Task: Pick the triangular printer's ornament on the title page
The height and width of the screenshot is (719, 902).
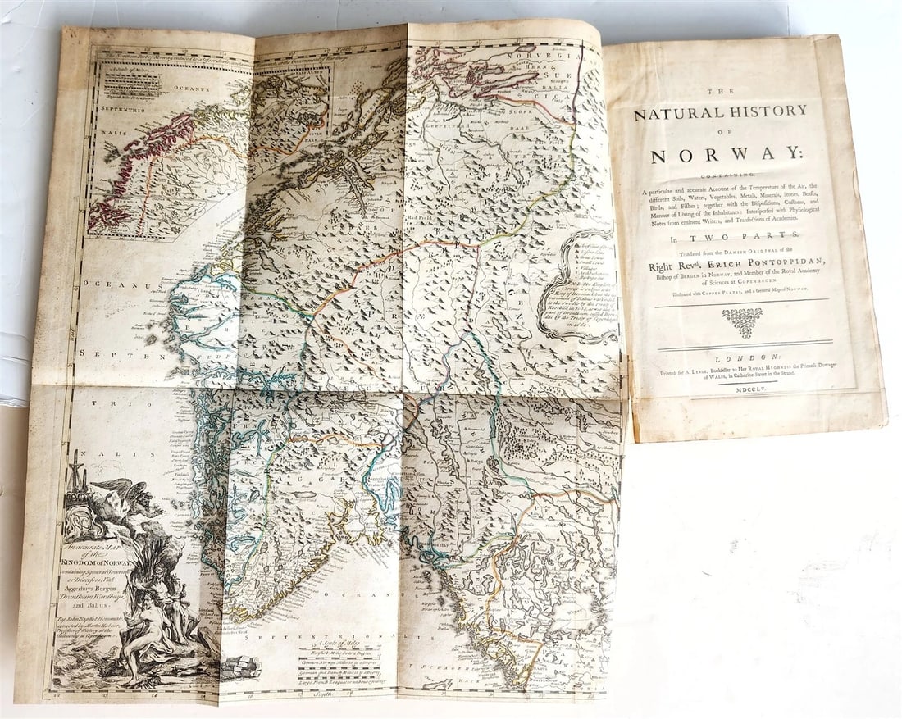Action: (746, 322)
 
